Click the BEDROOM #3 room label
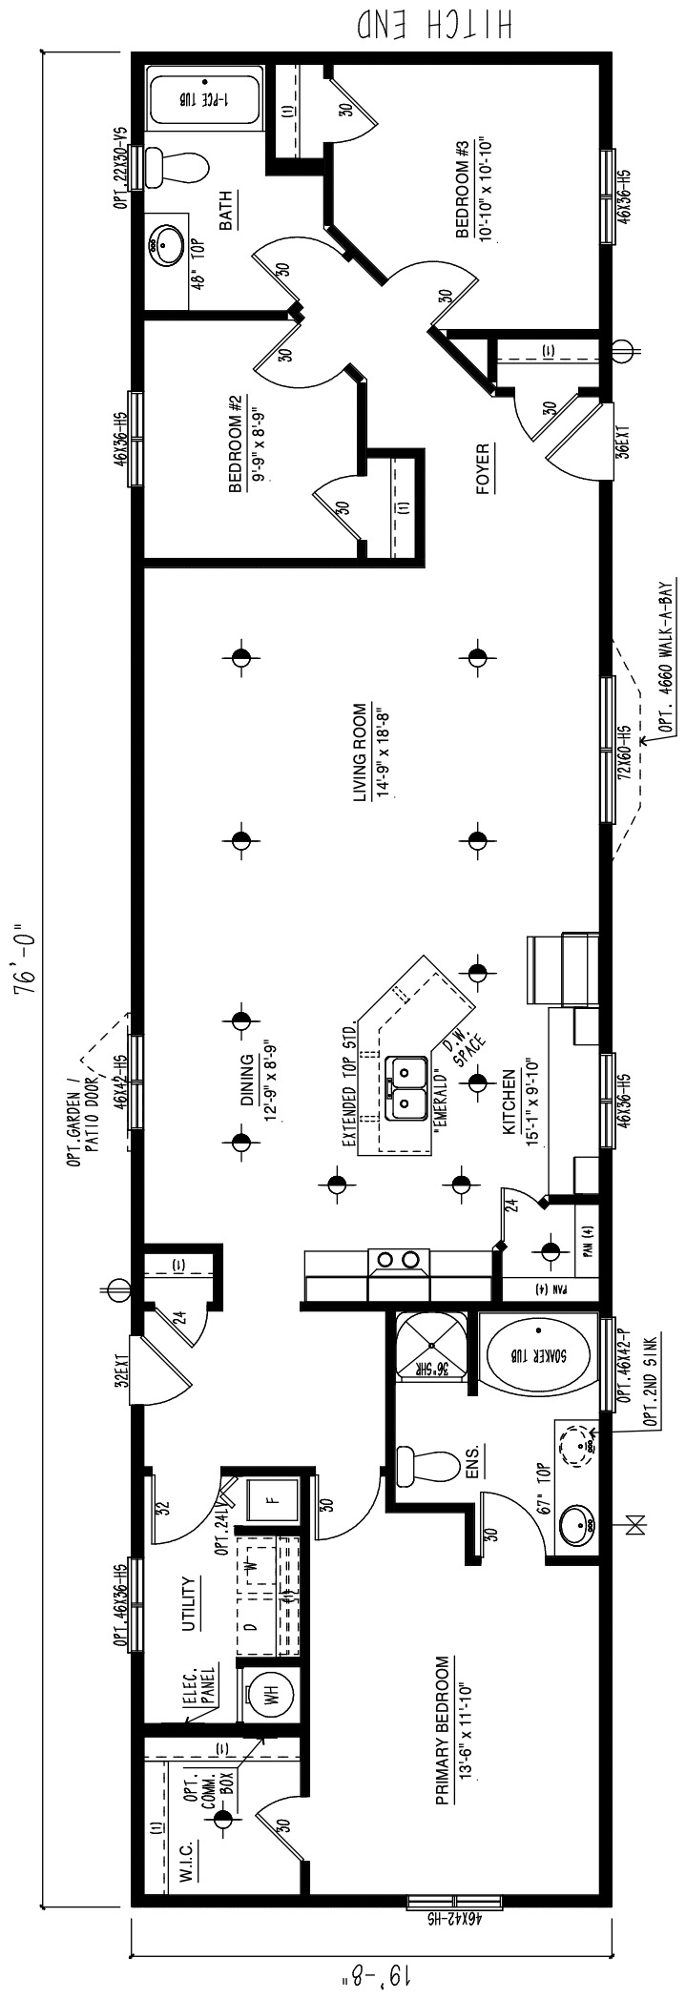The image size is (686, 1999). click(x=470, y=192)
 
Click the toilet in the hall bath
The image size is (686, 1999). click(x=182, y=169)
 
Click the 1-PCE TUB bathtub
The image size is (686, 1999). click(x=201, y=98)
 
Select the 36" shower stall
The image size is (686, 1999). click(x=431, y=1348)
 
